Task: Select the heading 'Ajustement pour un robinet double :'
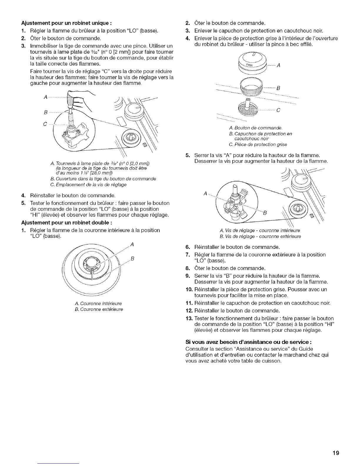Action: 66,222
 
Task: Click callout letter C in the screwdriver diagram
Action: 45,124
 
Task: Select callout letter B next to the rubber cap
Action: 278,88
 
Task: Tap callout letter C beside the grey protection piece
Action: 278,111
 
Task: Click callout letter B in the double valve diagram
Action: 264,213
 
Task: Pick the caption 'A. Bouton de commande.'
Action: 255,128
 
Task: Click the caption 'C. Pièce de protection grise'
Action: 257,144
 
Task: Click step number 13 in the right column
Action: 189,318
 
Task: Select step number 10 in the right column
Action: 189,289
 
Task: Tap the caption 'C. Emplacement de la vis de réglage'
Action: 89,184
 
